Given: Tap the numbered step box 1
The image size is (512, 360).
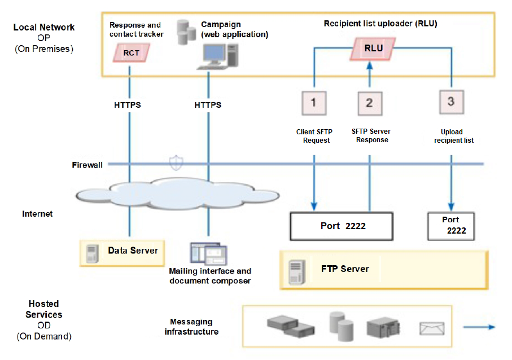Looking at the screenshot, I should click(314, 103).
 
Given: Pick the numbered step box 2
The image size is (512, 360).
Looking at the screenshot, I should click(370, 103).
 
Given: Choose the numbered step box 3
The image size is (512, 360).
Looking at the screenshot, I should click(450, 102).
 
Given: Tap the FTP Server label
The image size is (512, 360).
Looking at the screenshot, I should click(345, 269).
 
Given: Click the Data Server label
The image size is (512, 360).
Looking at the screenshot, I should click(133, 250).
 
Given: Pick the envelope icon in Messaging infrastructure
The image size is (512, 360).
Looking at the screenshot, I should click(432, 328).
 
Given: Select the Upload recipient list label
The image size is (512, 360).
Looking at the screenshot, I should click(453, 136).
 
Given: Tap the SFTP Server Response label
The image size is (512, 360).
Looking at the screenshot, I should click(371, 135).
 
